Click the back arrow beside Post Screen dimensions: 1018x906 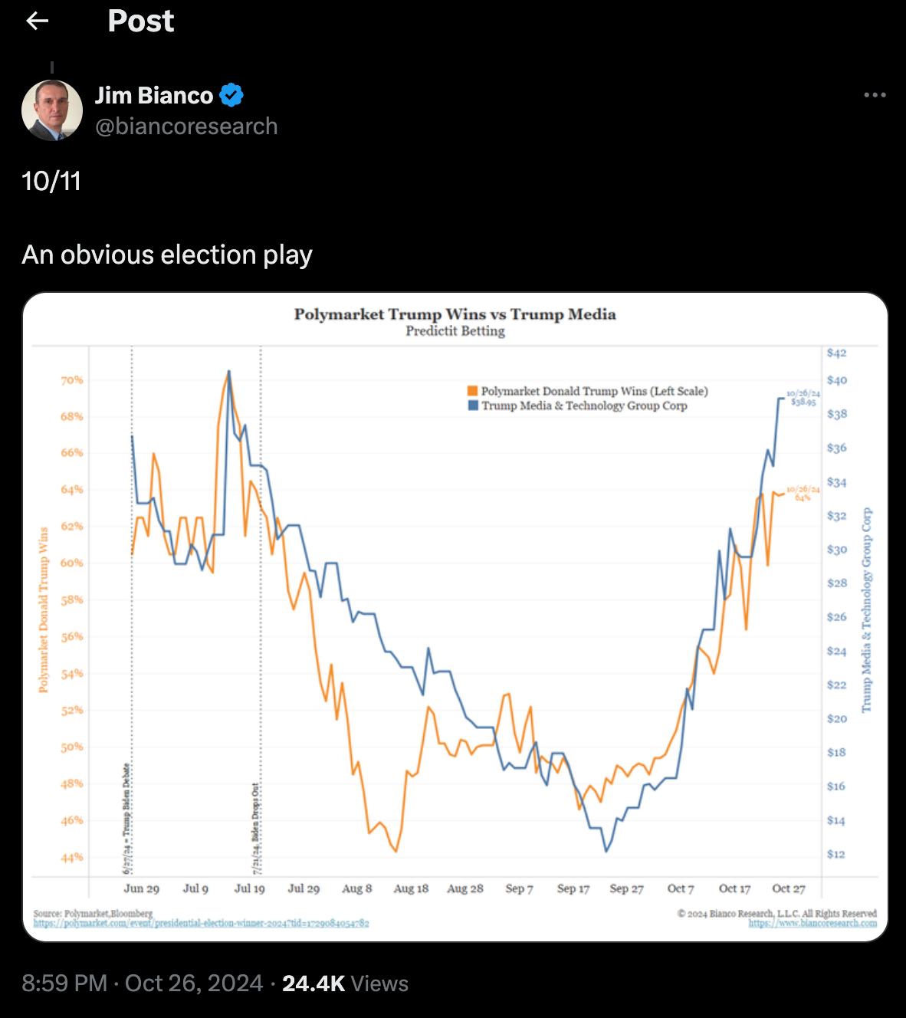pyautogui.click(x=37, y=21)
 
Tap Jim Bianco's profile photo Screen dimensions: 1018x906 pyautogui.click(x=52, y=110)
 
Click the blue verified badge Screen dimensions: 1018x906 pyautogui.click(x=231, y=95)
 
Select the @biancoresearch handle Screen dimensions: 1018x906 pyautogui.click(x=186, y=126)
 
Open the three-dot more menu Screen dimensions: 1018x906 pyautogui.click(x=875, y=95)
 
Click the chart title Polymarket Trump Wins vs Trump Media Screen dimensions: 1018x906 pyautogui.click(x=455, y=314)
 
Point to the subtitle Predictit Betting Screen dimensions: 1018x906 pyautogui.click(x=455, y=331)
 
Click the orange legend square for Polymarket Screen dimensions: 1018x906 pyautogui.click(x=473, y=391)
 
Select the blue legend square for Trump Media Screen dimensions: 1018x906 pyautogui.click(x=473, y=406)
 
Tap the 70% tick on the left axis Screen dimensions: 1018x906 pyautogui.click(x=72, y=380)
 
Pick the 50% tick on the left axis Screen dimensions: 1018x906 pyautogui.click(x=72, y=747)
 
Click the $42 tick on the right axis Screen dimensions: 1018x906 pyautogui.click(x=836, y=353)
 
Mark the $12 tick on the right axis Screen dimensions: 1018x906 pyautogui.click(x=835, y=854)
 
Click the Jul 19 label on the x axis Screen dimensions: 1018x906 pyautogui.click(x=249, y=888)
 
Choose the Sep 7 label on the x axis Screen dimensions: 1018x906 pyautogui.click(x=519, y=888)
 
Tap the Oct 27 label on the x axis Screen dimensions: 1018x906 pyautogui.click(x=789, y=888)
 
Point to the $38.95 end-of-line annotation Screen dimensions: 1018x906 pyautogui.click(x=803, y=402)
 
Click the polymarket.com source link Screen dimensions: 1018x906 pyautogui.click(x=201, y=924)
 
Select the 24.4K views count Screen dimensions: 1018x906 pyautogui.click(x=313, y=984)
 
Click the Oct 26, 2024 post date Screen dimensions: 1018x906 pyautogui.click(x=194, y=984)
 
